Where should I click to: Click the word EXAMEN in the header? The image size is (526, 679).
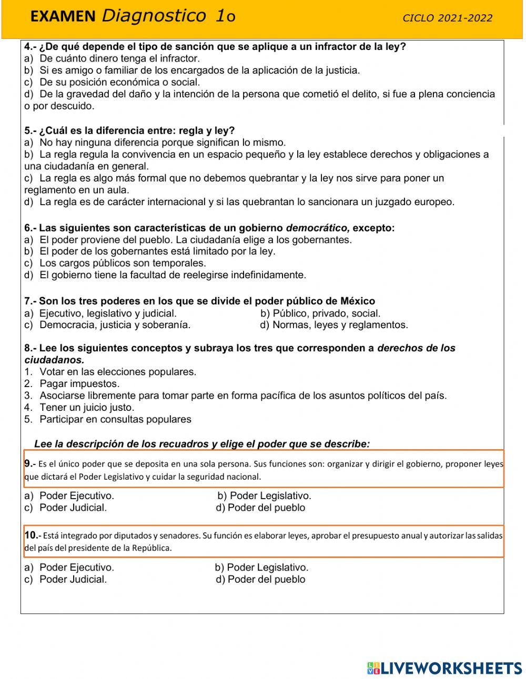tap(63, 17)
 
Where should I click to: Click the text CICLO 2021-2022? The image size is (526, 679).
tap(447, 18)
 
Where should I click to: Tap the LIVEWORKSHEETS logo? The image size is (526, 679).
tap(444, 668)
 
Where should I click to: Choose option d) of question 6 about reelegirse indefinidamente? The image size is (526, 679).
tap(165, 275)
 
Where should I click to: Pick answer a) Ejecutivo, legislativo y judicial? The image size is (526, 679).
tap(100, 313)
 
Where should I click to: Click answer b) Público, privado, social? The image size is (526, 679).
tap(320, 313)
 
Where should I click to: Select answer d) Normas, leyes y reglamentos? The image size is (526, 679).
tap(334, 325)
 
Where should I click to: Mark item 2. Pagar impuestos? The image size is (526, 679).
tap(72, 384)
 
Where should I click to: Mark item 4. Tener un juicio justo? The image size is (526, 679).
tap(79, 408)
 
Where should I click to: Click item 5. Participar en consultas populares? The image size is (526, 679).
tap(108, 420)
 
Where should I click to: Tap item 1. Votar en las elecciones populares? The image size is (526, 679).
tap(110, 372)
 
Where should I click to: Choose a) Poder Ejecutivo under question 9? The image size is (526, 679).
tap(69, 495)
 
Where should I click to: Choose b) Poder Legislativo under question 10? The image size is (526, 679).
tap(261, 567)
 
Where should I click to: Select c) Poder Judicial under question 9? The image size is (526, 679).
tap(66, 508)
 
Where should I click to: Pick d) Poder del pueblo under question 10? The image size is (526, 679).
tap(260, 580)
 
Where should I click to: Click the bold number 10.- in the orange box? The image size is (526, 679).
tap(32, 535)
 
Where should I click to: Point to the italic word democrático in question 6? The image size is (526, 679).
tap(317, 228)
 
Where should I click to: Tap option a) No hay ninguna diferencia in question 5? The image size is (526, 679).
tap(155, 143)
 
